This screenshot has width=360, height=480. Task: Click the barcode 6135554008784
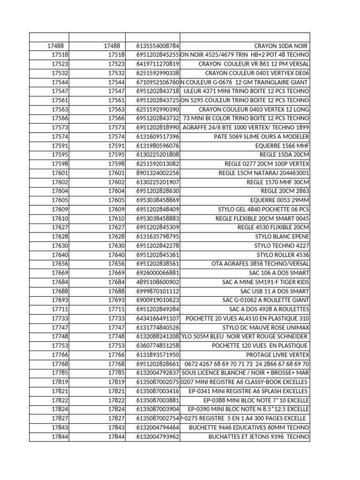point(158,46)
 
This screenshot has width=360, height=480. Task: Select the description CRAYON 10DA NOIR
point(281,46)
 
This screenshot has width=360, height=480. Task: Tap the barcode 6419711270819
point(158,64)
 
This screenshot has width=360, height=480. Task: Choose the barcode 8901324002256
point(158,173)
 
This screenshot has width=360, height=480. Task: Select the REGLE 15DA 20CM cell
point(284,155)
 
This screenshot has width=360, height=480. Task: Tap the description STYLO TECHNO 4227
point(282,246)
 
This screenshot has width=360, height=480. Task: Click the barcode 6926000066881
point(158,273)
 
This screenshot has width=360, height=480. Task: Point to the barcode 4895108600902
point(158,282)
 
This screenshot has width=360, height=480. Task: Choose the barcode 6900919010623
point(158,300)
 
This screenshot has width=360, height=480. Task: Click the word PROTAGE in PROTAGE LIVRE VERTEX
point(259,355)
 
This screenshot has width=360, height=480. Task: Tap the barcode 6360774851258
point(158,345)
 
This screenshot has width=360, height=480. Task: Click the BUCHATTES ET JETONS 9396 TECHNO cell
point(259,436)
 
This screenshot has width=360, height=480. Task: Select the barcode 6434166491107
point(158,318)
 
